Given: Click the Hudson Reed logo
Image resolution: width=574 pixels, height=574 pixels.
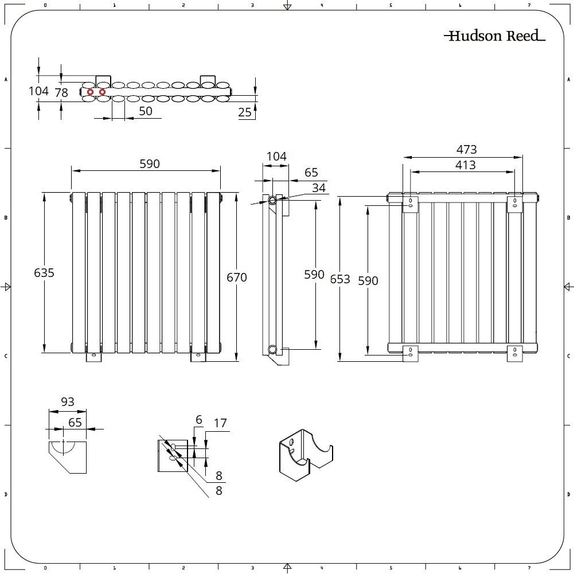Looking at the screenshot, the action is tap(494, 36).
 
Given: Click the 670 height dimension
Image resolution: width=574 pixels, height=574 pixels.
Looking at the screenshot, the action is tap(236, 277).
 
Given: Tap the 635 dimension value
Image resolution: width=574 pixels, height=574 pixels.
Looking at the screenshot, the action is tap(44, 272).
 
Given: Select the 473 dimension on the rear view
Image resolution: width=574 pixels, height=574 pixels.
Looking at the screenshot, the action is tap(466, 149).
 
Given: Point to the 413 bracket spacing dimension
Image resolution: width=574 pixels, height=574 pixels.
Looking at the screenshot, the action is tap(465, 165).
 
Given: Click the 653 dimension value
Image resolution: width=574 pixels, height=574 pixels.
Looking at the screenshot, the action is tap(340, 279).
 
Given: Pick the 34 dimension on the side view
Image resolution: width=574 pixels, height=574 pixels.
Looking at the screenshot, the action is tap(318, 188).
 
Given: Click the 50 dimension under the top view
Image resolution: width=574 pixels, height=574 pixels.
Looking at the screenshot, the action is tap(145, 111).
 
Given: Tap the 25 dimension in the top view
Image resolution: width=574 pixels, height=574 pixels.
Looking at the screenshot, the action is tap(244, 112).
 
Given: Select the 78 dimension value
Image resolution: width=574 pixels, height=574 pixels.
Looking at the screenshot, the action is tap(61, 93).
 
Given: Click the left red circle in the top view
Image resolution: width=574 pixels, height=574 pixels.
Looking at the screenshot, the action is tap(90, 92).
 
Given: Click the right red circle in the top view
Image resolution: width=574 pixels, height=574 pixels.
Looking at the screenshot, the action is tap(103, 92).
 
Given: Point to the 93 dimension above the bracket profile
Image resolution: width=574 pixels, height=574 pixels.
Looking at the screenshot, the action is tap(67, 401).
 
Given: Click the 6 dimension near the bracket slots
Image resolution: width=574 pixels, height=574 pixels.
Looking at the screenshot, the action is tap(199, 420).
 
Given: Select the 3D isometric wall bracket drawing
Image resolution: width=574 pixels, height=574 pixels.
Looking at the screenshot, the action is tap(306, 455).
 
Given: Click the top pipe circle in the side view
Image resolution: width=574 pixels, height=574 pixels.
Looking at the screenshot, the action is tap(273, 200).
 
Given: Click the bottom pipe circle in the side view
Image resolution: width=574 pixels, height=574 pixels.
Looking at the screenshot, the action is tap(273, 349).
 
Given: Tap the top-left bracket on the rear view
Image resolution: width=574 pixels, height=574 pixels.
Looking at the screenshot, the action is tap(411, 204).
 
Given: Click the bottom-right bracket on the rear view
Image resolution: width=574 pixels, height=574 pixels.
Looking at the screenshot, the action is tap(515, 354).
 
